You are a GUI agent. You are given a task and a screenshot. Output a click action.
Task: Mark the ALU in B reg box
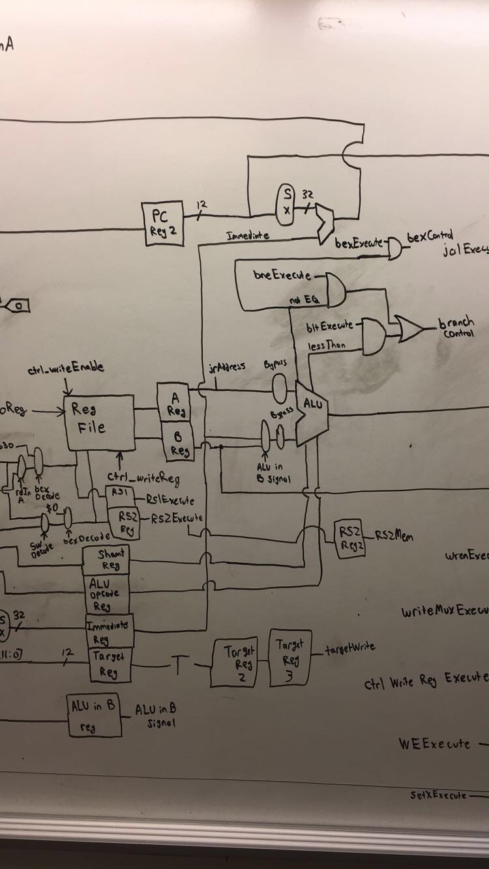pyautogui.click(x=95, y=715)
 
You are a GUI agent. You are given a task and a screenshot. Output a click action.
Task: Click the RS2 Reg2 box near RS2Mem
pyautogui.click(x=350, y=539)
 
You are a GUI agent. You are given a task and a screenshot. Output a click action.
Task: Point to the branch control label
pyautogui.click(x=456, y=328)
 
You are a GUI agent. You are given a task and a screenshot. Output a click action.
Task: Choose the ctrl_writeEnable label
pyautogui.click(x=65, y=369)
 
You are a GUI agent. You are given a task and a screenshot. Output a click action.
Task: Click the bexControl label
pyautogui.click(x=430, y=236)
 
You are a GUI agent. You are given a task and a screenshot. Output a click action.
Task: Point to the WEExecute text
pyautogui.click(x=434, y=743)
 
